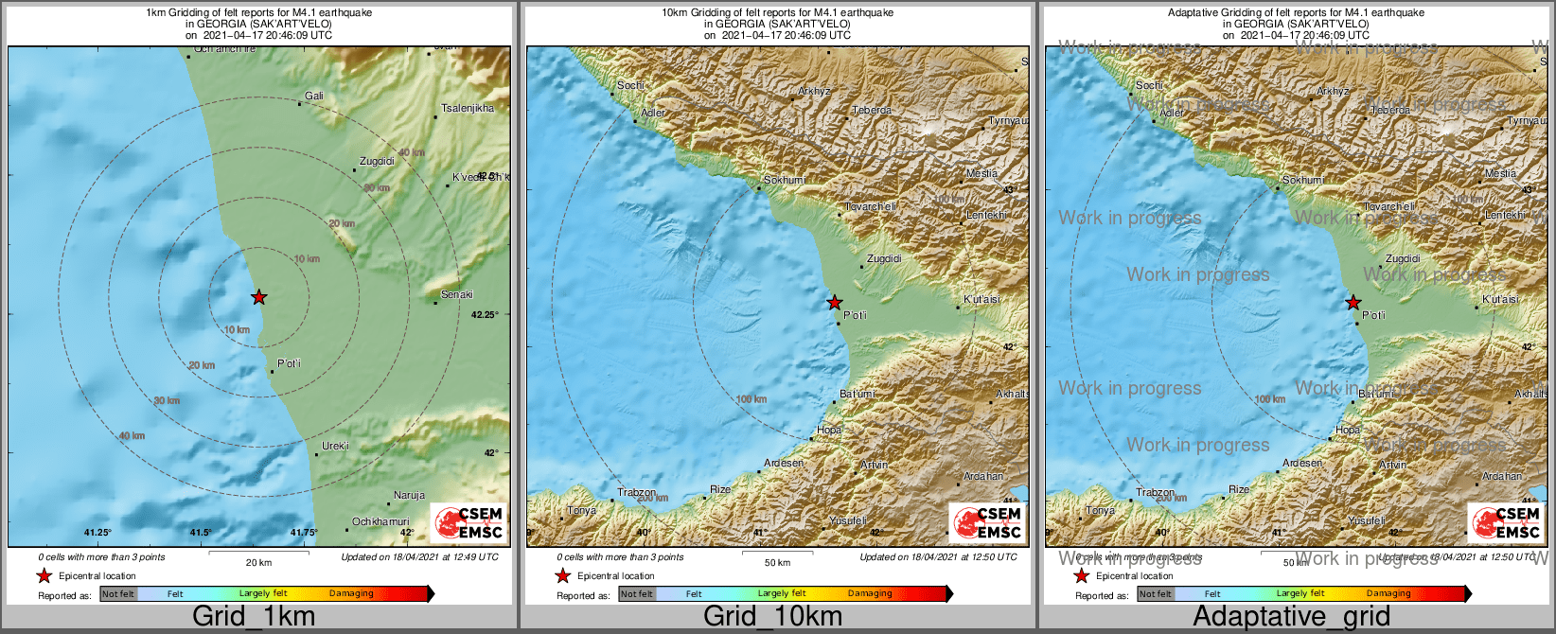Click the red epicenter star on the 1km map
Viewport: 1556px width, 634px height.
(x=258, y=297)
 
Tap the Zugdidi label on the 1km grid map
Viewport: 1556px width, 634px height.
(x=377, y=161)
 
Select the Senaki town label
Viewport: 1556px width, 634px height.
(x=457, y=294)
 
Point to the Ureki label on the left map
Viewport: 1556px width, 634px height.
(x=335, y=446)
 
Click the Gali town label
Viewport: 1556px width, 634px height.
(x=314, y=96)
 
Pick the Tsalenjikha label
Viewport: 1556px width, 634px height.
(x=468, y=108)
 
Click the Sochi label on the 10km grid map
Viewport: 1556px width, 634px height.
(x=630, y=85)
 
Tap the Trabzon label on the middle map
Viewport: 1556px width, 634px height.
(x=637, y=492)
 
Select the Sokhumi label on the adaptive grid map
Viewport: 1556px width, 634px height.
(x=1303, y=180)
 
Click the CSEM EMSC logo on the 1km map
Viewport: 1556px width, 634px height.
(x=469, y=522)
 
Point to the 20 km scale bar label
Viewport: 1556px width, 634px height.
(x=258, y=562)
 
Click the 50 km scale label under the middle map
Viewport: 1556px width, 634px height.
(x=777, y=562)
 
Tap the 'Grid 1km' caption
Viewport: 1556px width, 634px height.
(x=254, y=617)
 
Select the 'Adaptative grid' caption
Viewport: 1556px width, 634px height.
(x=1291, y=617)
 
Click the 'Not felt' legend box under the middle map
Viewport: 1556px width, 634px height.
(x=637, y=593)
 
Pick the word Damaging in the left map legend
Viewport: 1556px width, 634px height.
(x=351, y=593)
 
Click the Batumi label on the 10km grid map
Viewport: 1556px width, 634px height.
(x=858, y=394)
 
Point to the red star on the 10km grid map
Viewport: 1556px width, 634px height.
(x=834, y=303)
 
